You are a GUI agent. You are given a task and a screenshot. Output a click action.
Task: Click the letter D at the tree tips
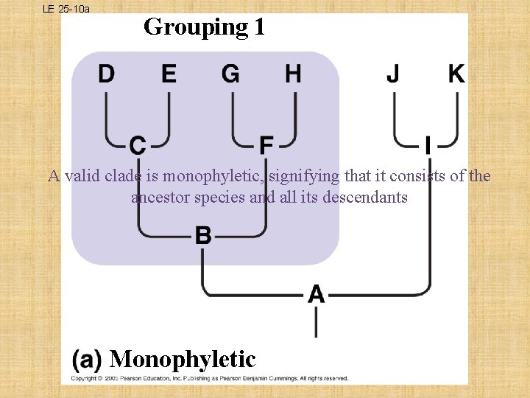(x=107, y=74)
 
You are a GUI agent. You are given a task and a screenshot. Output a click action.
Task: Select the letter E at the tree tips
(x=169, y=74)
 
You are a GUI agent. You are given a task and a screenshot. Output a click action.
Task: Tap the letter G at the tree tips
(x=230, y=74)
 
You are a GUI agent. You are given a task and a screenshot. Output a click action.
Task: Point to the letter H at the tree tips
(x=293, y=74)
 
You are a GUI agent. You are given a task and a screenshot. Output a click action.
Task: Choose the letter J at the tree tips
(x=394, y=74)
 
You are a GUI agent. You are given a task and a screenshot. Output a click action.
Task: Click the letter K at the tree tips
(x=456, y=74)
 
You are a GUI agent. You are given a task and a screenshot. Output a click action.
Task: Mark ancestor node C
(x=138, y=145)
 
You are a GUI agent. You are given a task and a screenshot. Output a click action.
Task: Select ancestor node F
(x=266, y=145)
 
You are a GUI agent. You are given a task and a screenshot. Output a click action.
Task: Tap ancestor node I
(x=428, y=145)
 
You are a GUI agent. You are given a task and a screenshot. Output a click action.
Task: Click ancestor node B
(x=203, y=236)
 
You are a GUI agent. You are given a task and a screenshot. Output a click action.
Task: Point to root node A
(x=316, y=294)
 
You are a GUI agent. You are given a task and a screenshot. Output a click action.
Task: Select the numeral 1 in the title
(x=258, y=27)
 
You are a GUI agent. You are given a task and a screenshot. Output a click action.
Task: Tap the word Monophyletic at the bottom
(x=183, y=359)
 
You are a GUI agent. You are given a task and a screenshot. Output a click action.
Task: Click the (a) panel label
(x=87, y=359)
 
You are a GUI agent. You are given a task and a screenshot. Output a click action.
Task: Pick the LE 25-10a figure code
(x=66, y=9)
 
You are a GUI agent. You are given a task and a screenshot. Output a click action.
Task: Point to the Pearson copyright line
(x=209, y=378)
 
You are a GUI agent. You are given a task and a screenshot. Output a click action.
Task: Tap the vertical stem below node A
(x=317, y=321)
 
